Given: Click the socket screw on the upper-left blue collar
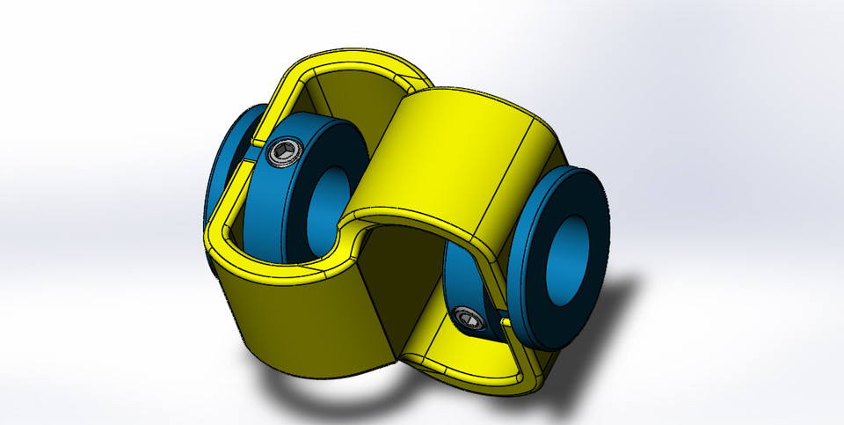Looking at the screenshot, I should [x=280, y=157].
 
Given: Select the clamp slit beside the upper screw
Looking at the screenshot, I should [x=258, y=140].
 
